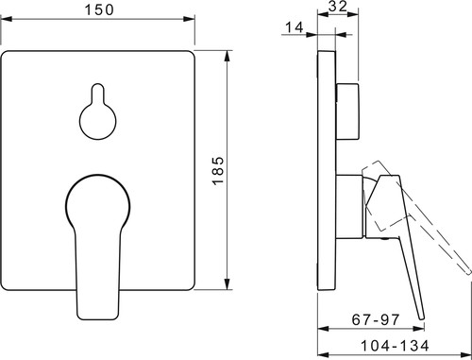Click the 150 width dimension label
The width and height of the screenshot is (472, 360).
click(99, 9)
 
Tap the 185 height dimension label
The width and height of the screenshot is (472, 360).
click(218, 170)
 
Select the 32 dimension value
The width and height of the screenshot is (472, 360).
click(338, 7)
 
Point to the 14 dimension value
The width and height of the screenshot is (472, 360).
click(295, 27)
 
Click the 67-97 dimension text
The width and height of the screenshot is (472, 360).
click(376, 319)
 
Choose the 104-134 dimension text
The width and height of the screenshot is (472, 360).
click(395, 346)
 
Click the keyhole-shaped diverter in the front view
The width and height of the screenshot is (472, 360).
click(97, 111)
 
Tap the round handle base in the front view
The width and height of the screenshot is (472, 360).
click(98, 201)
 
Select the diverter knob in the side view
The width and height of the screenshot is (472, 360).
click(347, 111)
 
